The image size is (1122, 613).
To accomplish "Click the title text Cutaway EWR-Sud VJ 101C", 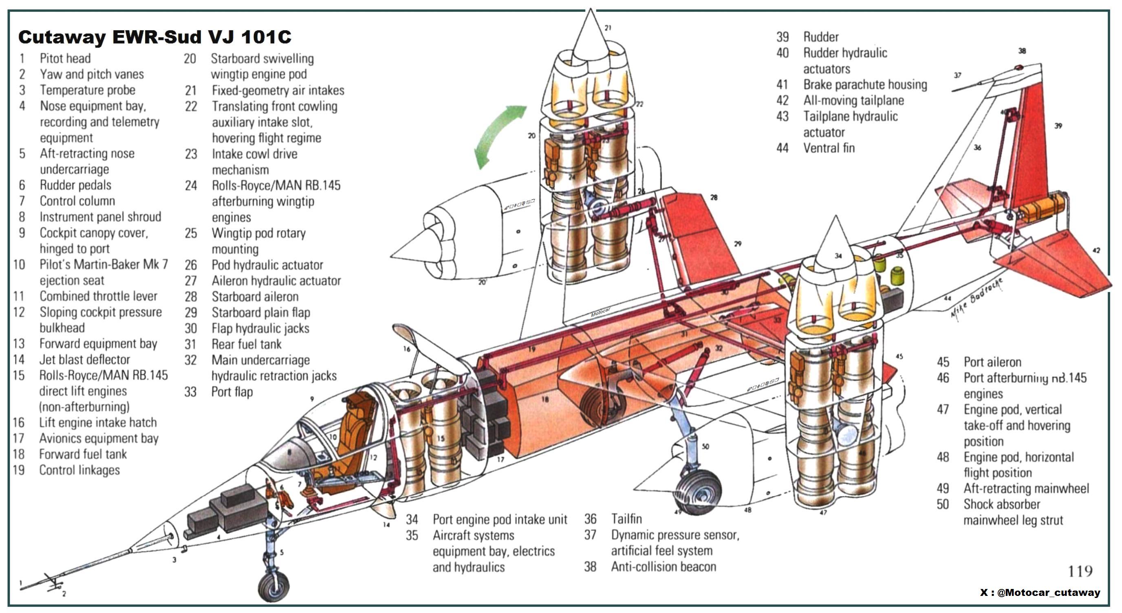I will coord(154,37).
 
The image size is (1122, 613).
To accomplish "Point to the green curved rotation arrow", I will coord(496,135).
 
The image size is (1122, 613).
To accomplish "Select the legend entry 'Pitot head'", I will coord(65,58).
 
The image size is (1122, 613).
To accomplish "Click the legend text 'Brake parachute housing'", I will coord(864,84).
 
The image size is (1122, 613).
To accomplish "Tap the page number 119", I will coord(1080,571).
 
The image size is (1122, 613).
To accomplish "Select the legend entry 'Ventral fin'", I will coord(829,148).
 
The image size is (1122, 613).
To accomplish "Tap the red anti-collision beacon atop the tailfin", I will coord(1019,68).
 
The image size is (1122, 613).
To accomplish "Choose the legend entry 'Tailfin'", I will coord(626,519).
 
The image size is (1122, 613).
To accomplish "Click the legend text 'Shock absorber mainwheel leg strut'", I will coord(1012,512).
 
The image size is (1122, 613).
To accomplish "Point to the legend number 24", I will coord(191,186).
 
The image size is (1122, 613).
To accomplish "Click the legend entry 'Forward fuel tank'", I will coord(83,454).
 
